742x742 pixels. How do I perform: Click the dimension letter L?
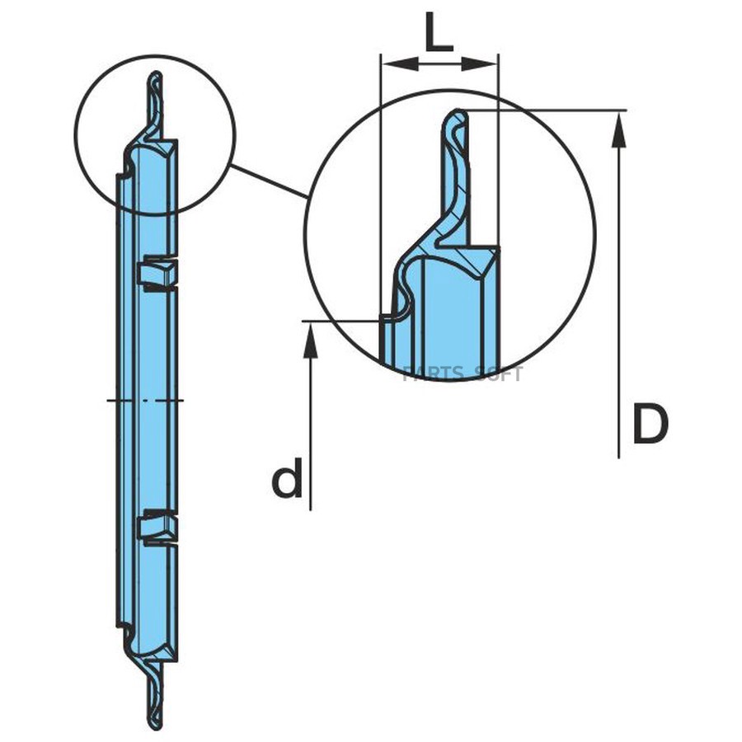tap(439, 33)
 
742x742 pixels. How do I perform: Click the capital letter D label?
tap(650, 424)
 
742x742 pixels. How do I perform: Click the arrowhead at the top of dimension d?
tap(310, 338)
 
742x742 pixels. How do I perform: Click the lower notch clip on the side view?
tap(157, 527)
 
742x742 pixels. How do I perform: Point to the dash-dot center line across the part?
tap(145, 400)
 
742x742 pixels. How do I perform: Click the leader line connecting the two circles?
tap(268, 181)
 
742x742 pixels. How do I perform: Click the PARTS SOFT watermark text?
tap(463, 374)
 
